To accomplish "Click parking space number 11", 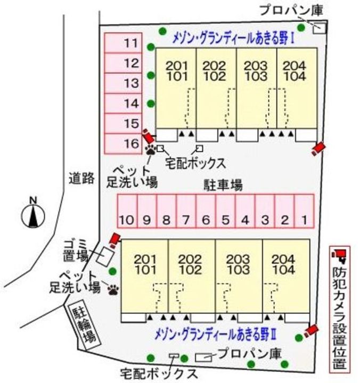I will pos(123,43).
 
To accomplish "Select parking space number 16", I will pos(123,143).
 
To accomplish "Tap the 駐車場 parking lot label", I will pos(224,185).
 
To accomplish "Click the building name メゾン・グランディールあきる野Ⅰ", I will pos(234,39).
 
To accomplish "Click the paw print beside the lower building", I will pos(114,289).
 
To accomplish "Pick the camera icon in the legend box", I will pos(339,256).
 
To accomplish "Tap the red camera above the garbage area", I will pos(114,239).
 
